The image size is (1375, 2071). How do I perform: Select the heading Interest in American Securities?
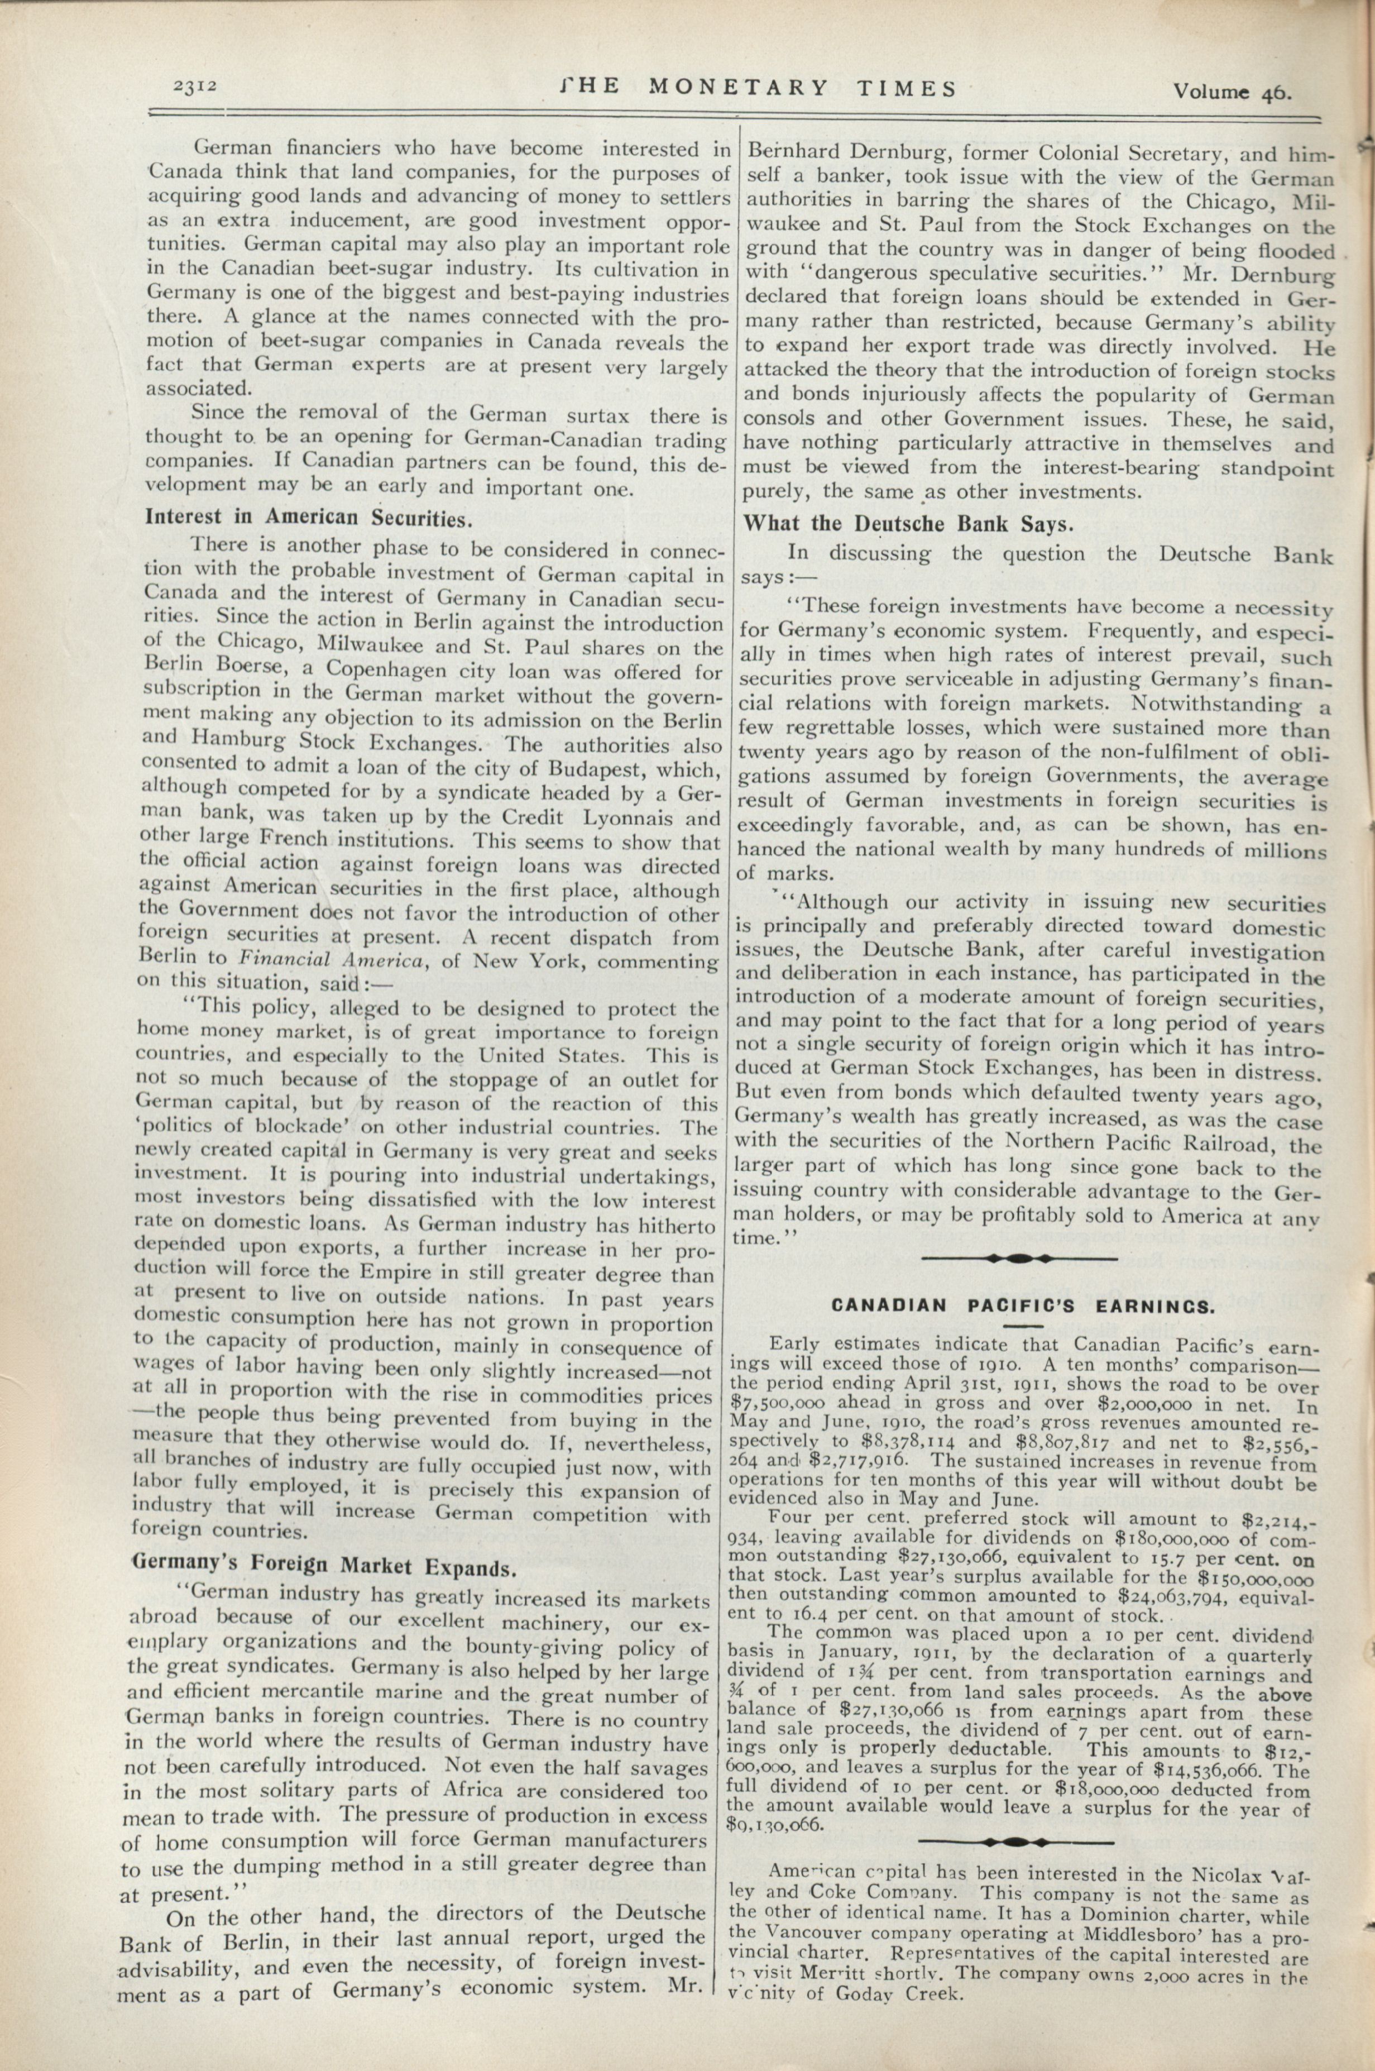point(309,518)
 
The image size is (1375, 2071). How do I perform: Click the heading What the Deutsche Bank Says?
point(908,524)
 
